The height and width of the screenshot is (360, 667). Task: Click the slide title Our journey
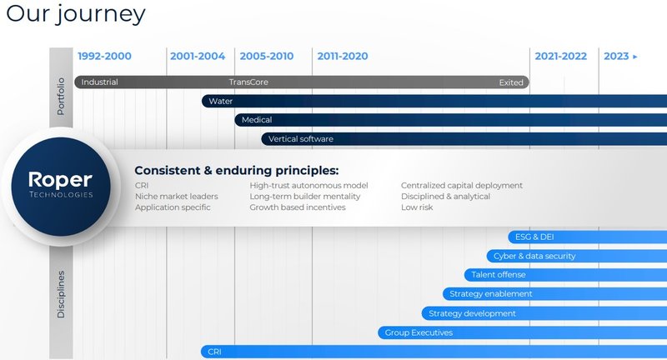pos(76,14)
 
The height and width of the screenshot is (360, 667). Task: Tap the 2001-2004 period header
pos(198,57)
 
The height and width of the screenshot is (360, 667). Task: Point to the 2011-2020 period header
pos(343,57)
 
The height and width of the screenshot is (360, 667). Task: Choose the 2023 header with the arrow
pos(620,57)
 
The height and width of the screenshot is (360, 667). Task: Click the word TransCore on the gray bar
pos(248,82)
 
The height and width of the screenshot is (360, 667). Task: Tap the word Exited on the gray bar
pos(511,82)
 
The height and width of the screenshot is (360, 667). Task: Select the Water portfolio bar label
pos(221,101)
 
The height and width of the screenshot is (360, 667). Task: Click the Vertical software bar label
pos(300,138)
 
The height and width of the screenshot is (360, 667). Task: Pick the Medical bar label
pos(257,120)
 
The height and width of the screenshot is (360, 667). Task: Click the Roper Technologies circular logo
pos(60,185)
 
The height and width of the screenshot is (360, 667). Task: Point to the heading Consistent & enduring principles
pos(237,170)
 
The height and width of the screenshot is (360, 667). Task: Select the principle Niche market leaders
pos(177,196)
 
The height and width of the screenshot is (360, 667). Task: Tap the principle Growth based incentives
pos(298,207)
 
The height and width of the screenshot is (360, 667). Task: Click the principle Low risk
pos(417,207)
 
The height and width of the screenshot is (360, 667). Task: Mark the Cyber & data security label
pos(534,256)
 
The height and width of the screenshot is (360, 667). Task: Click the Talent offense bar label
pos(499,275)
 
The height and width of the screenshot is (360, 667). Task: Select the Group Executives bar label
pos(419,332)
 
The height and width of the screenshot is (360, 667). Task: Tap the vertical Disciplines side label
pos(61,293)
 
